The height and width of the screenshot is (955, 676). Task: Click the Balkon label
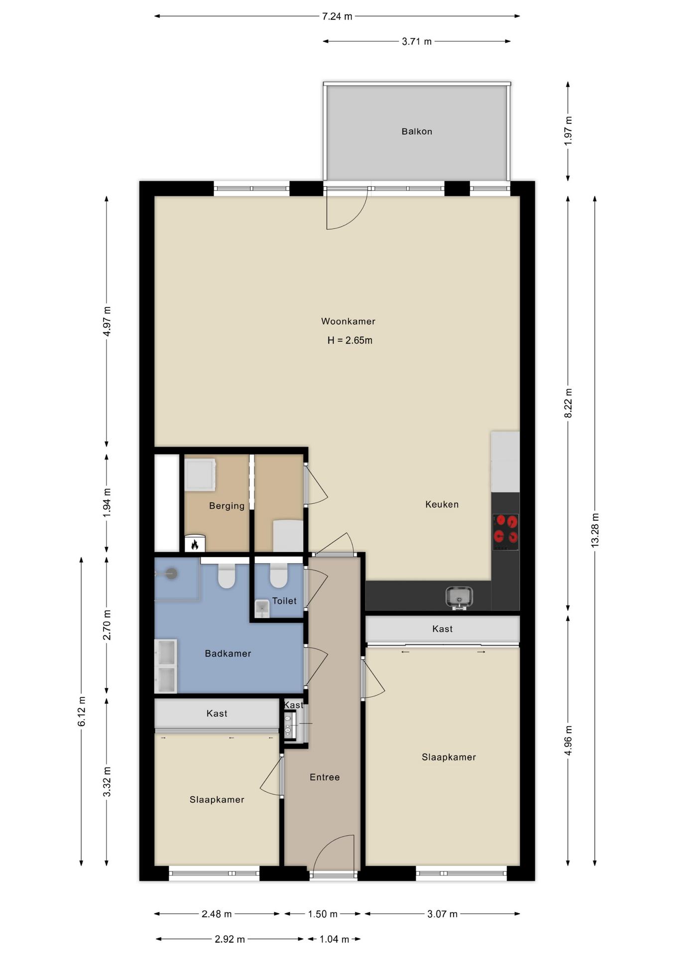tap(417, 131)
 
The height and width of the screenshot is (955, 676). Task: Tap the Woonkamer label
tap(348, 321)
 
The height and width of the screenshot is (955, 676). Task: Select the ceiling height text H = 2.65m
tap(349, 340)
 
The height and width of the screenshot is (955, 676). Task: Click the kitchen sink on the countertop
tap(458, 597)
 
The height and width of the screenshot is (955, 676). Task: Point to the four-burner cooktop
tap(505, 532)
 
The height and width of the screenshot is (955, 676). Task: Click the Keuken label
tap(442, 504)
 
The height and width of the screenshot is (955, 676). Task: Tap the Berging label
tap(226, 506)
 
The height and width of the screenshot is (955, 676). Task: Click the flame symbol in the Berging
tap(195, 544)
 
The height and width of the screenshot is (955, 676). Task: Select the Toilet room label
tap(284, 601)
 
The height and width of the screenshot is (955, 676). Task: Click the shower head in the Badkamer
tap(171, 573)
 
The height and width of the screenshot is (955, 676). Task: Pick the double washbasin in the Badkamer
tap(166, 666)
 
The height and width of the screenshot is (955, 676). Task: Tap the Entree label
tap(325, 777)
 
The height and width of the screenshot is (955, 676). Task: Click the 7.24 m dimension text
tap(337, 16)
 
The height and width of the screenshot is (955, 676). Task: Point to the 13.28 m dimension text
tap(595, 530)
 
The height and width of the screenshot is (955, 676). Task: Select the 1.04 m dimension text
tap(334, 939)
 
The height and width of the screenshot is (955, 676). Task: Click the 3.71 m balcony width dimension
tap(417, 41)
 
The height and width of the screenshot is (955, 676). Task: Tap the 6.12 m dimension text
tap(82, 711)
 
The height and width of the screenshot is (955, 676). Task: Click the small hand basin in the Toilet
tap(262, 608)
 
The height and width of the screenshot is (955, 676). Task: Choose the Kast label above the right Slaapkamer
tap(443, 629)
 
